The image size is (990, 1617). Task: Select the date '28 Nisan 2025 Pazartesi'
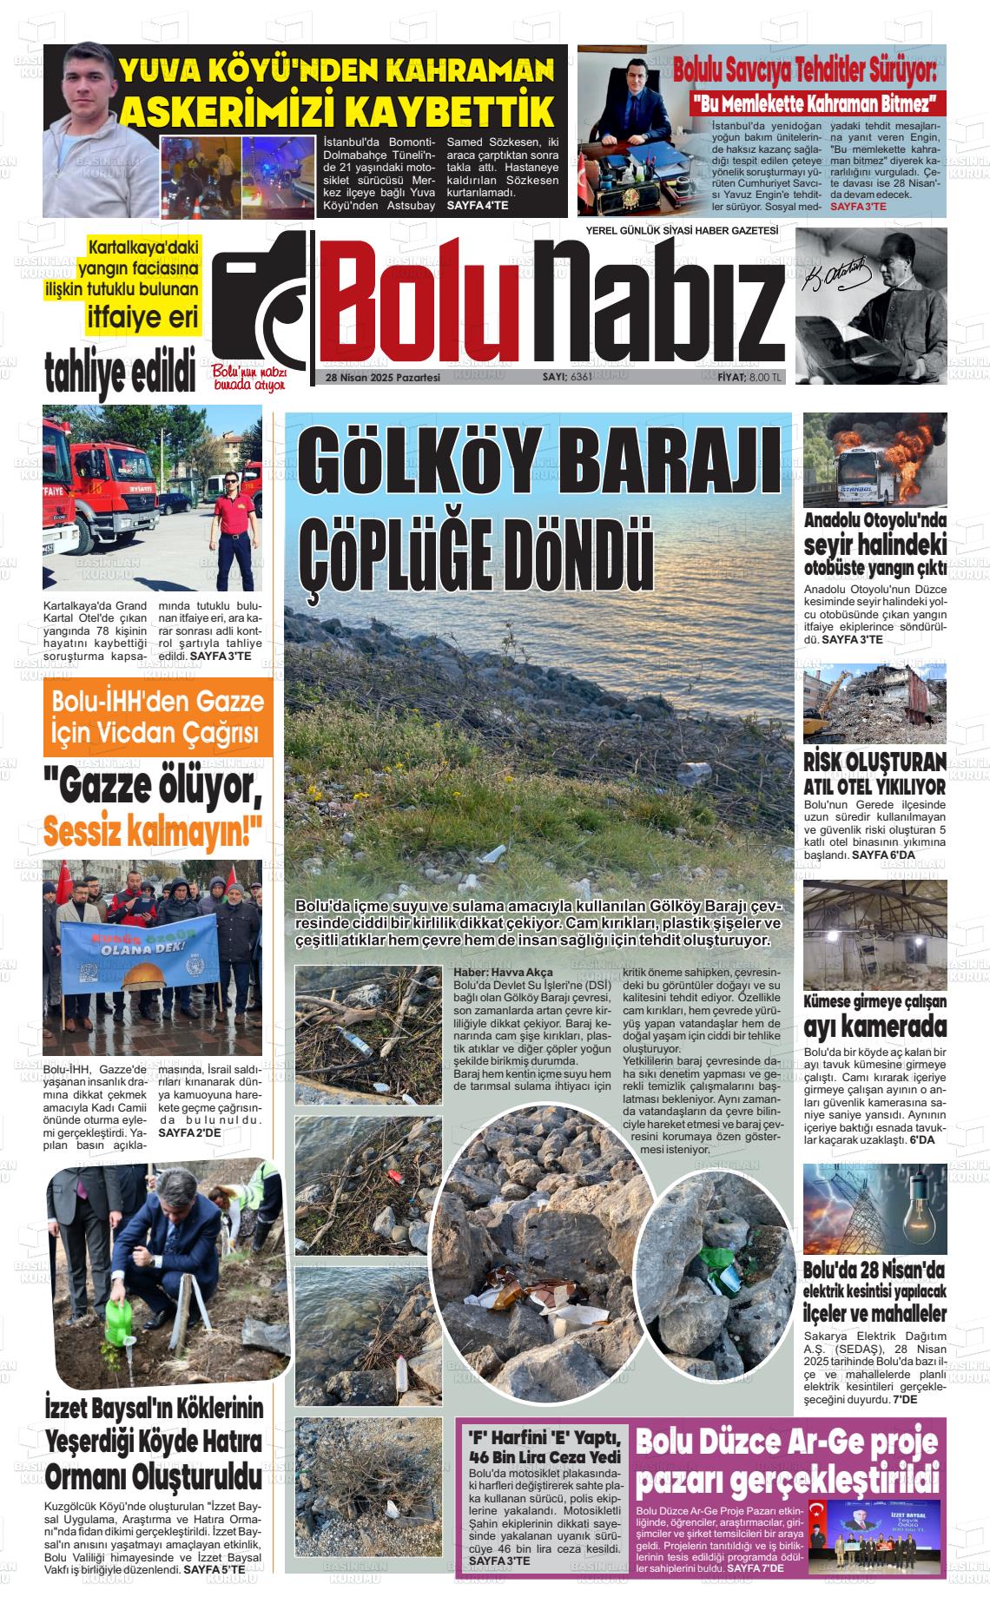(x=383, y=378)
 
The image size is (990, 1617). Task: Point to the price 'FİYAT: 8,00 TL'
(x=743, y=377)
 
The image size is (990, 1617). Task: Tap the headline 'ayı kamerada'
(x=874, y=1027)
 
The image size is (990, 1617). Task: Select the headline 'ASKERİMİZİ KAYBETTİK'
(x=337, y=112)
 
